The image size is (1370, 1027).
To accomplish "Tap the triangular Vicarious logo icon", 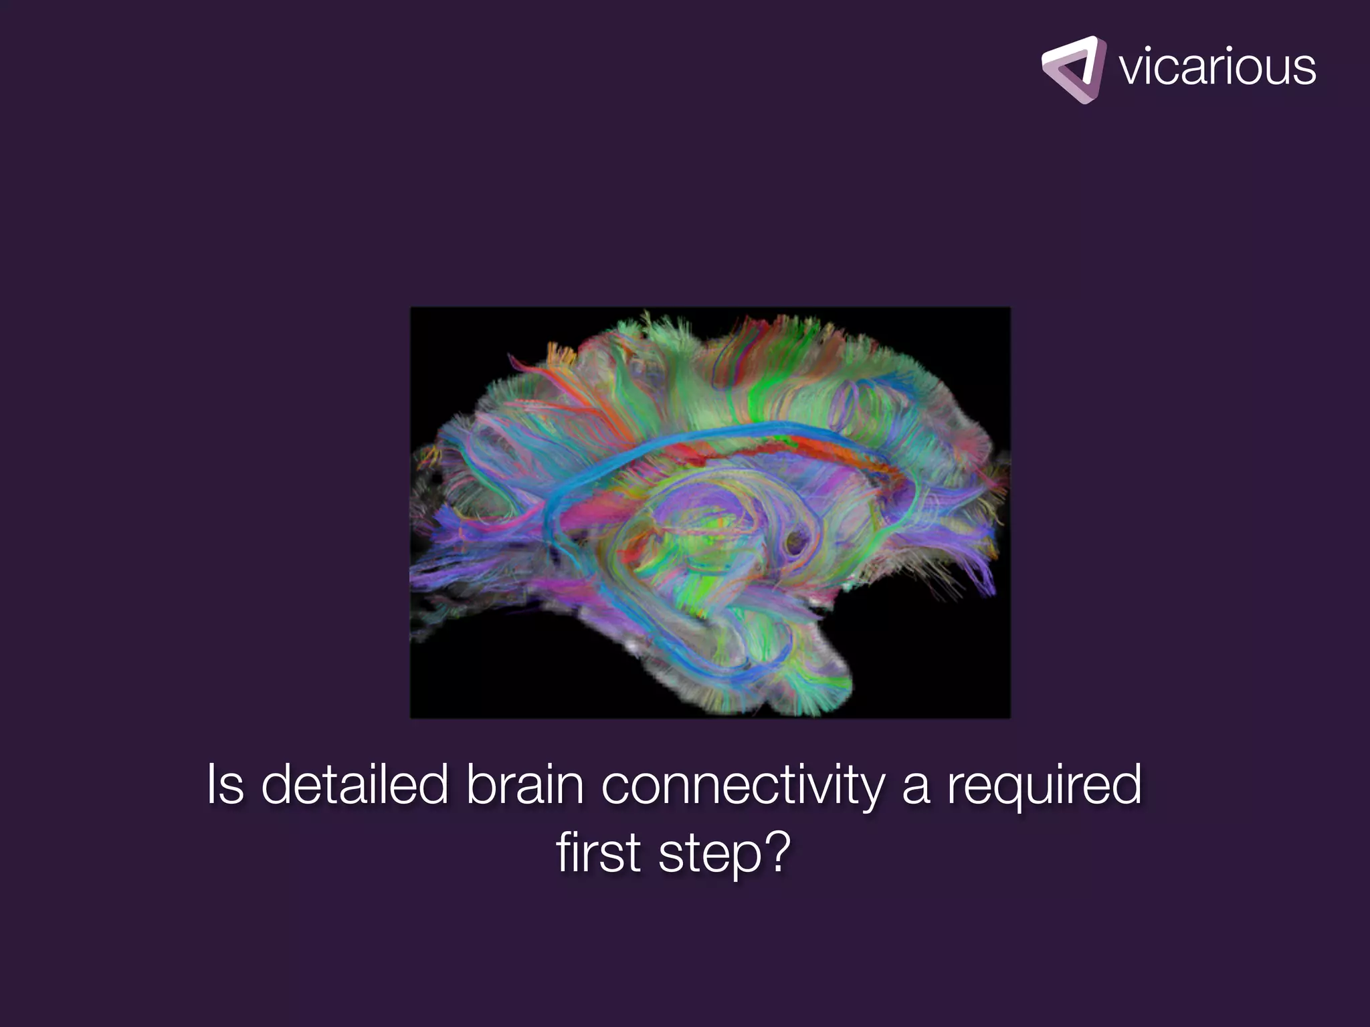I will (x=1073, y=70).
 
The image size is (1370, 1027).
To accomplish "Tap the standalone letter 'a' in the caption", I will (x=915, y=788).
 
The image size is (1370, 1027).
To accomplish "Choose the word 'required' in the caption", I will (x=1044, y=786).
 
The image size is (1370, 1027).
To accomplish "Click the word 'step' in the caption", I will (x=710, y=856).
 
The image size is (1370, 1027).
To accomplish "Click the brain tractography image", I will (x=710, y=512).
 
